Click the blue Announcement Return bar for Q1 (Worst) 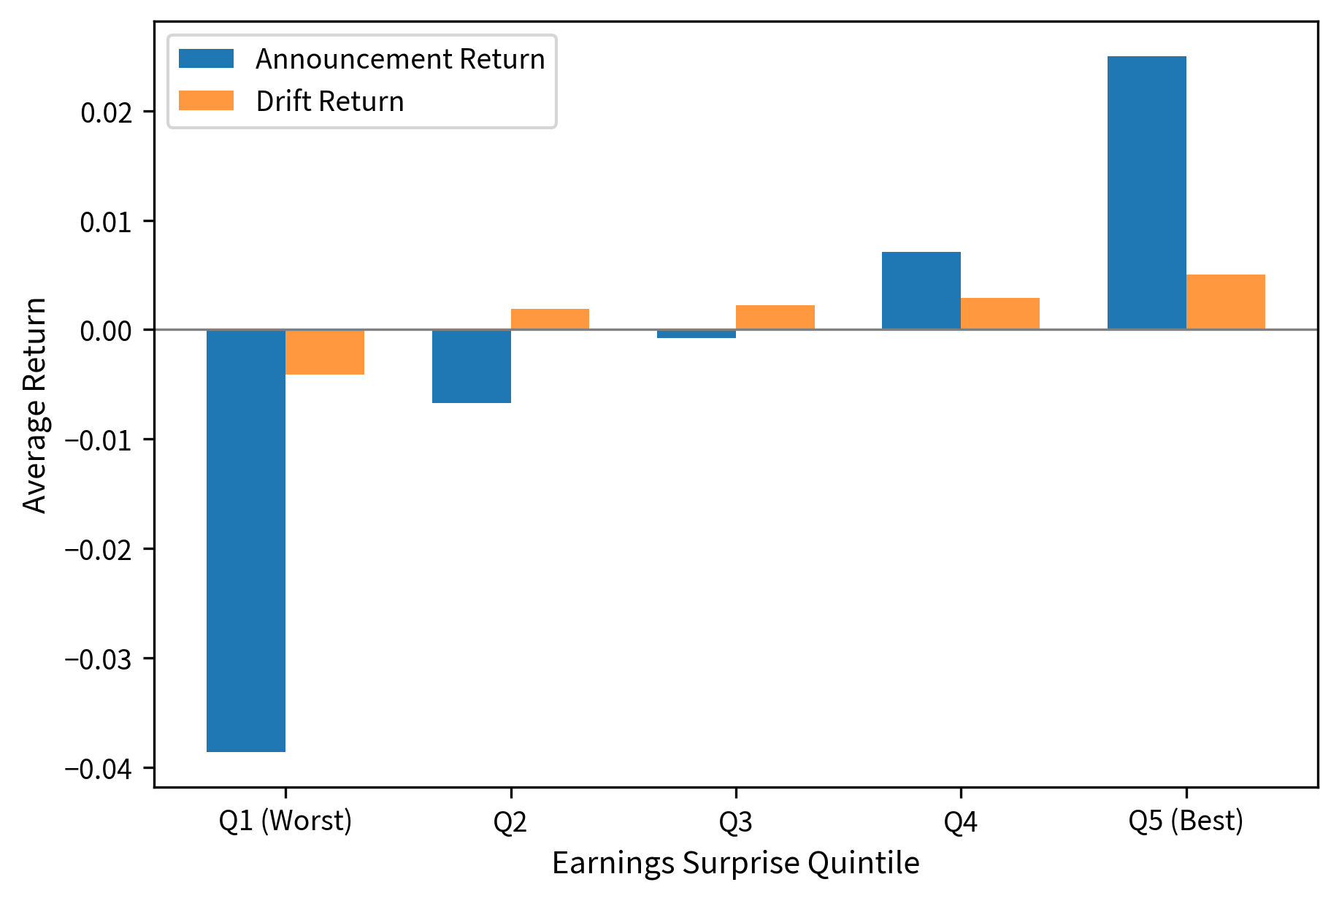point(246,540)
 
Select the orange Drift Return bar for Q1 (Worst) point(325,352)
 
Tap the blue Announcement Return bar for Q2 point(472,366)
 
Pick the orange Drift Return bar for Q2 point(550,319)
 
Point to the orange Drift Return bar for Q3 point(775,318)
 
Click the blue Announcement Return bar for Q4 point(921,291)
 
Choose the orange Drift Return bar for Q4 point(1000,314)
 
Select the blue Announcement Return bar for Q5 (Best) point(1147,193)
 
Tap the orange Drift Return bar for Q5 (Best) point(1226,302)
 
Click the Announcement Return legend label point(400,59)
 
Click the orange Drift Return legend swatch point(207,101)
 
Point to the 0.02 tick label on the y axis point(106,112)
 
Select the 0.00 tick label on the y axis point(106,331)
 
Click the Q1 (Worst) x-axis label point(285,821)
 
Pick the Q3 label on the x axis point(735,823)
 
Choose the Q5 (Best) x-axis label point(1186,821)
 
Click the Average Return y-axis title point(34,405)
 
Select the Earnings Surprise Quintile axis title point(735,864)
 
